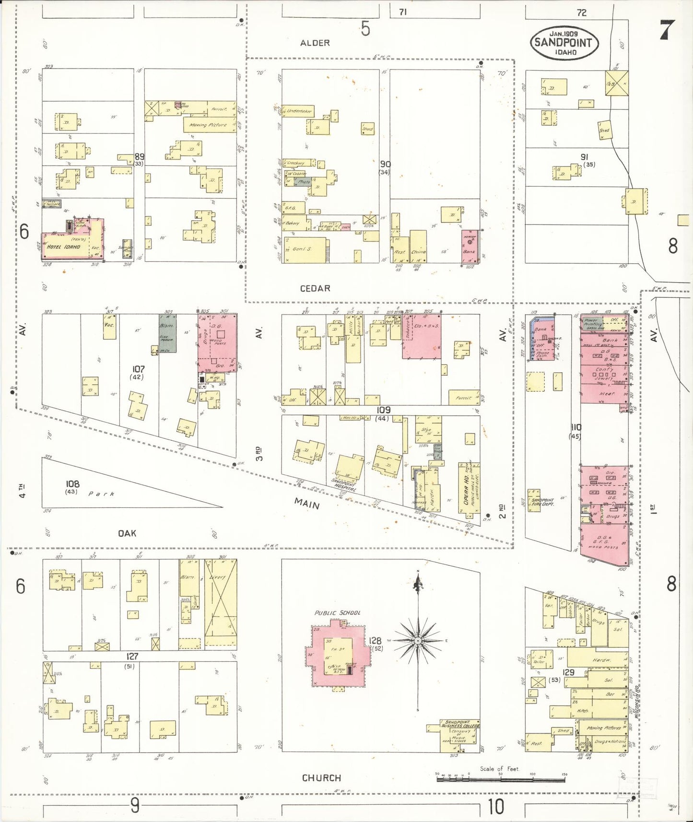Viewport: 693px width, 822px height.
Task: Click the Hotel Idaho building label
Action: point(63,247)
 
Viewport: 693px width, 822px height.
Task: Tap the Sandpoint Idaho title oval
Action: point(564,42)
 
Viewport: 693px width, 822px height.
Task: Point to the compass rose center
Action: point(418,641)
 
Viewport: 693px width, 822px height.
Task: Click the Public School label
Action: point(337,613)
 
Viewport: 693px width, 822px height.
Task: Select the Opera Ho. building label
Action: point(466,489)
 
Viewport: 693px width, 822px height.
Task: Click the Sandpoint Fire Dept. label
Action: point(542,502)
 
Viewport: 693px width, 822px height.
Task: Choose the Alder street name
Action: point(315,43)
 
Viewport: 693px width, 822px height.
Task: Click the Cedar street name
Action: point(315,288)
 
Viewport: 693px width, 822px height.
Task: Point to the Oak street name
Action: point(127,533)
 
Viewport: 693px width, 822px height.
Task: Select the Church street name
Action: point(321,777)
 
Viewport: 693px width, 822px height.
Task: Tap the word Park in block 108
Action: point(101,493)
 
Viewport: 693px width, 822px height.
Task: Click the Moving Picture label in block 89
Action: point(208,125)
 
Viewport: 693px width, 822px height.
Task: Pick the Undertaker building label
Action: point(299,111)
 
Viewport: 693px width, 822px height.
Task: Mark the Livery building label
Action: point(218,577)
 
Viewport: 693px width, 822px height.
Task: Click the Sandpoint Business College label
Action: point(459,724)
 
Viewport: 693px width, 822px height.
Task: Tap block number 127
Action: point(132,656)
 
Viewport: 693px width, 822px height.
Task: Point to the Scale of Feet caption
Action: point(499,769)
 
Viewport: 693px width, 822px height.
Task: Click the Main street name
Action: point(307,504)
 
